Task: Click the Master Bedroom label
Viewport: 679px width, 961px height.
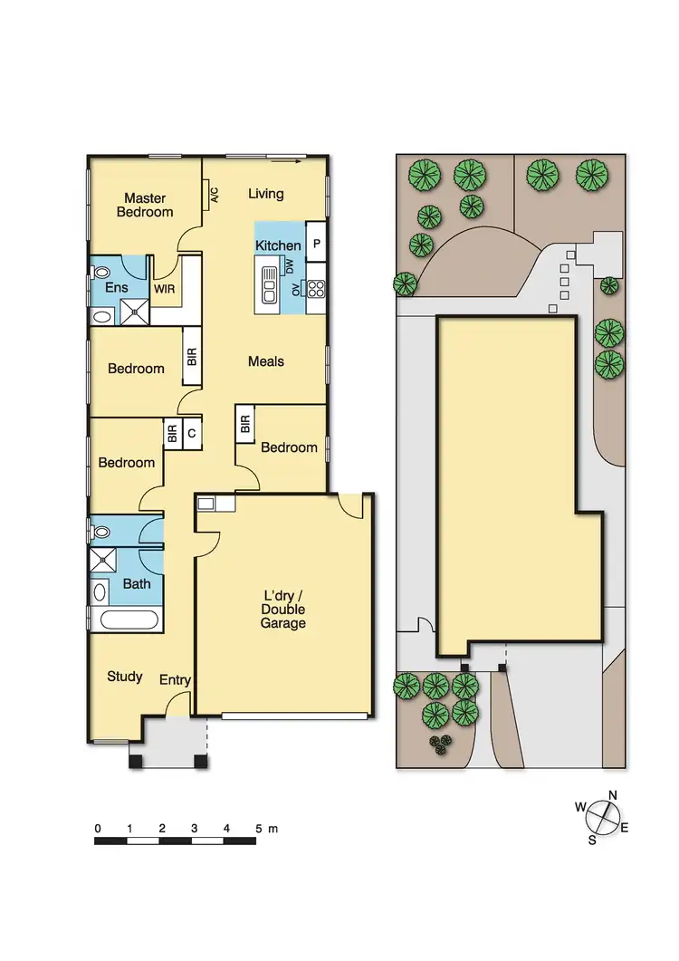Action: tap(148, 205)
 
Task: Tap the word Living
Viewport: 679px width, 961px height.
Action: tap(266, 193)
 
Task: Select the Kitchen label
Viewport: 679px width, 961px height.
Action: tap(278, 245)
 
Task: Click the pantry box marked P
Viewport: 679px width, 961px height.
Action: tap(316, 245)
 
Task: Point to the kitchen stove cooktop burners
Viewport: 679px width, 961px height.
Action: tap(316, 289)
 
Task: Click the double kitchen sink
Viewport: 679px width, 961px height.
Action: tap(269, 285)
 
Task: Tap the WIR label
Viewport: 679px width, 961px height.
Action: tap(164, 290)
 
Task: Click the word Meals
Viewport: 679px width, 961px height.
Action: tap(266, 361)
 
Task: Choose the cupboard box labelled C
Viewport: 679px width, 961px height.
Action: tap(191, 434)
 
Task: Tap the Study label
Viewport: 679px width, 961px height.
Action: tap(125, 676)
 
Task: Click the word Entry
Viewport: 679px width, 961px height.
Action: tap(175, 679)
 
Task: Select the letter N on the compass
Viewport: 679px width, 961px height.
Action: tap(613, 795)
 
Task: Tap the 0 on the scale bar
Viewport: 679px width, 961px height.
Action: tap(97, 828)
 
